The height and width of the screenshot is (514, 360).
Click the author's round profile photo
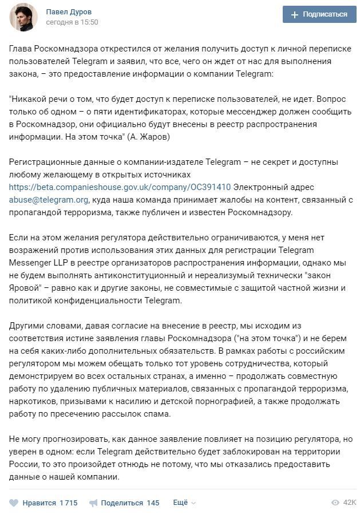[23, 17]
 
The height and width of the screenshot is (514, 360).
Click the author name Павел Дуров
[69, 12]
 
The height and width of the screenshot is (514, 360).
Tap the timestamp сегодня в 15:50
[72, 22]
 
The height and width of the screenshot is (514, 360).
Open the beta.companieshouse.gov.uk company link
[120, 187]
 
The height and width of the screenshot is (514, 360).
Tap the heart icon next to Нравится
[14, 503]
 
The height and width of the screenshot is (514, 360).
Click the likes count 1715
[68, 503]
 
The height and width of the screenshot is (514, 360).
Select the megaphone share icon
[93, 503]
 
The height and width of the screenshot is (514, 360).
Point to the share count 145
[153, 503]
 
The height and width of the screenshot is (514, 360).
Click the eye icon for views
[335, 503]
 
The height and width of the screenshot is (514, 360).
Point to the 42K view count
[349, 503]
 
